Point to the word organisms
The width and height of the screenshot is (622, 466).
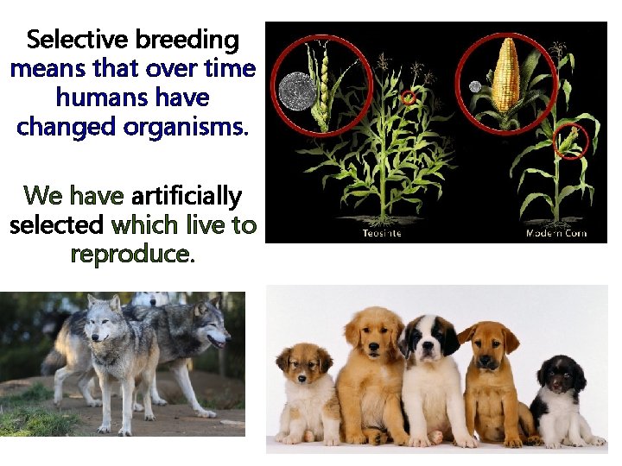point(186,126)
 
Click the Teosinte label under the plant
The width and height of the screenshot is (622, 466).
point(381,233)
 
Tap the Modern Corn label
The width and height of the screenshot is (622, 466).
point(556,233)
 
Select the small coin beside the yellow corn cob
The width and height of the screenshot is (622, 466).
point(474,86)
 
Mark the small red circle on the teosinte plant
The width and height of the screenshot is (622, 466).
point(409,98)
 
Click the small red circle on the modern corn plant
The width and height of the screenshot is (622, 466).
point(569,142)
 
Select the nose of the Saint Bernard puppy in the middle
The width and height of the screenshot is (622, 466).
point(427,354)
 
